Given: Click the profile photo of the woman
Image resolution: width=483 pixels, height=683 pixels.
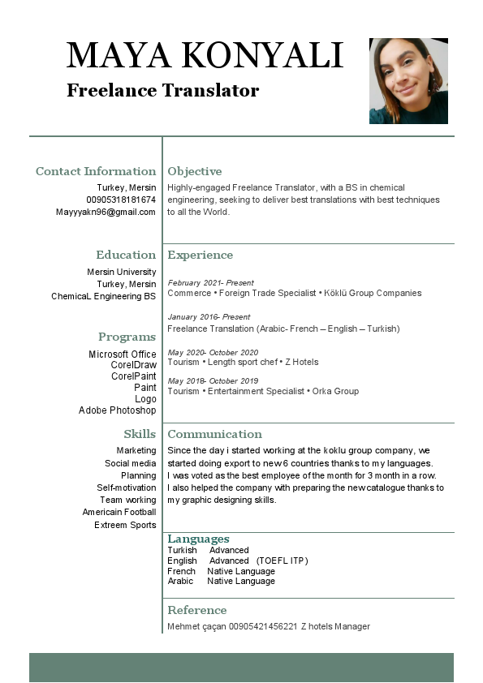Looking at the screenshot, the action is [408, 80].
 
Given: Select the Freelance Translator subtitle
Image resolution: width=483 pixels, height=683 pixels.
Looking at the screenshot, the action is [162, 90].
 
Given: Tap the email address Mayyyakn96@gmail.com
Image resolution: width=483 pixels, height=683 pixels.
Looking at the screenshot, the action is [106, 212].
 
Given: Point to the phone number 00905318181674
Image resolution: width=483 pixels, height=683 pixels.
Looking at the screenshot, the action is [121, 200].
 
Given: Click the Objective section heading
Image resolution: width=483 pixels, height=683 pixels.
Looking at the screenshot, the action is [194, 171].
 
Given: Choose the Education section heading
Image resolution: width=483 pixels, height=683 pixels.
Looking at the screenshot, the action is [126, 255].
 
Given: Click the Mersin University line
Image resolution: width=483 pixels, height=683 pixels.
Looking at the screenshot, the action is [122, 272].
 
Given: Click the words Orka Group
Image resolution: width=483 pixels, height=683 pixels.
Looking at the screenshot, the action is [335, 391].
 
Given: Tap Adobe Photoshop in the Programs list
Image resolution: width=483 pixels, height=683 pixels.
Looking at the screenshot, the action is [117, 410].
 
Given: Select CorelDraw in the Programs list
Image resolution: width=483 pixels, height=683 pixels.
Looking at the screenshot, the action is [134, 365].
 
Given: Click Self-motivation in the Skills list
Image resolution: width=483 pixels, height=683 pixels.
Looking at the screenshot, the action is [127, 488].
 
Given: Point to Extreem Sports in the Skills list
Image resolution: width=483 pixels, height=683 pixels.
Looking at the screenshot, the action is [124, 525].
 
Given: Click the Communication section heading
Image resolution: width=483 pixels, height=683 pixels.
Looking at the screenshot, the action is [214, 434].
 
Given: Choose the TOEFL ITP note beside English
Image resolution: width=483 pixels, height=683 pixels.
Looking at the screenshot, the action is [282, 561].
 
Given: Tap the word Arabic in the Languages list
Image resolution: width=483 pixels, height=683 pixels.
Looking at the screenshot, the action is [180, 581].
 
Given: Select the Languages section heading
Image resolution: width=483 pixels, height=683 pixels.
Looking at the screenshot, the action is [198, 539].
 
